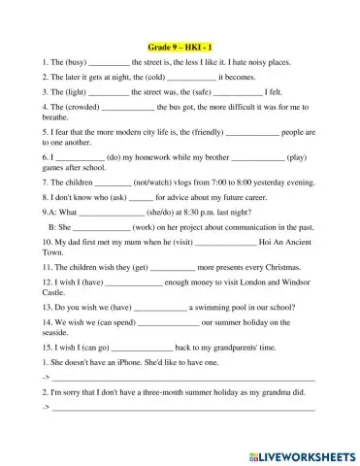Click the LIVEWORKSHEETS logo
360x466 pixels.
[x=300, y=452]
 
